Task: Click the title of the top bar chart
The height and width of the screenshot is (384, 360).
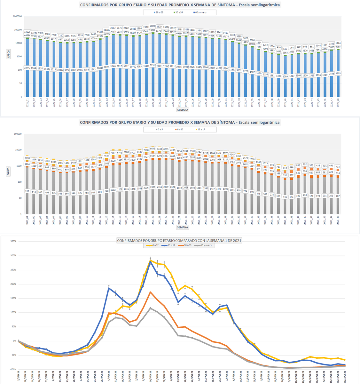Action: click(x=180, y=5)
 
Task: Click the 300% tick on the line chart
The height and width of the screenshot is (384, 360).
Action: click(x=13, y=256)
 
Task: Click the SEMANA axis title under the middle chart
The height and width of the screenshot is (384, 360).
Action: click(x=183, y=227)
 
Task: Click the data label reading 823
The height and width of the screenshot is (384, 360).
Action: click(x=27, y=191)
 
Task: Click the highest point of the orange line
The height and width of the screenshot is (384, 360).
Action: click(x=150, y=292)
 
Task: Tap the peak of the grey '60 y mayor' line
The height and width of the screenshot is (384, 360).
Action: click(x=150, y=308)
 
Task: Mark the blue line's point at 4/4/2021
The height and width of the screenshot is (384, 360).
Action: click(x=109, y=288)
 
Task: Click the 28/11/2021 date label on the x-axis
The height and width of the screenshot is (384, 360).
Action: click(x=345, y=376)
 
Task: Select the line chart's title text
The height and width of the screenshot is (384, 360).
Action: click(x=179, y=240)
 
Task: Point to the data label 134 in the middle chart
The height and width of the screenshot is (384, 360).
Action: click(x=292, y=197)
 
